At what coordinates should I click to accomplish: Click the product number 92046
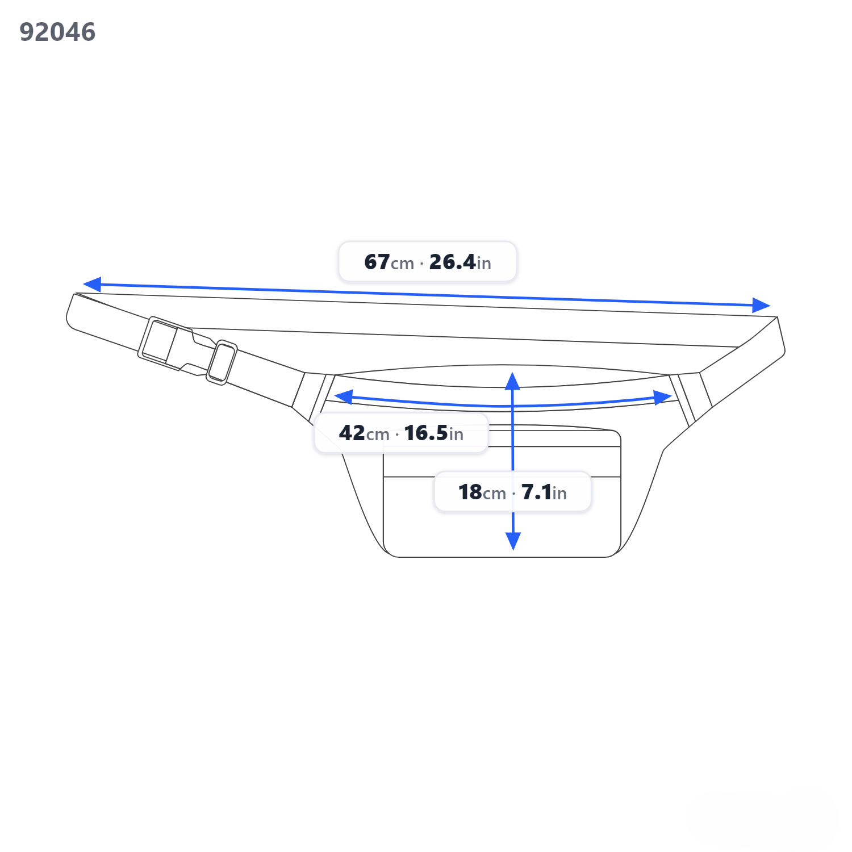57,32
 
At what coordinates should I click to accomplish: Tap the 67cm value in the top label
389,262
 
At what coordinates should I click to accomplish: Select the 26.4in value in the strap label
460,262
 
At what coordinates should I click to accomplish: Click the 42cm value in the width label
364,433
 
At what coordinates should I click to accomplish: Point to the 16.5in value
433,433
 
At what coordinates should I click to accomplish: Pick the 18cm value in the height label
482,492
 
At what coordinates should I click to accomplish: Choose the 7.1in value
544,492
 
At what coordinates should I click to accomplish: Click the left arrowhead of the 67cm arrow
92,284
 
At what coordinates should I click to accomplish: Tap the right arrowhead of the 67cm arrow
761,305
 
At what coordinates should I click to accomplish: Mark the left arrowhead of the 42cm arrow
344,397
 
